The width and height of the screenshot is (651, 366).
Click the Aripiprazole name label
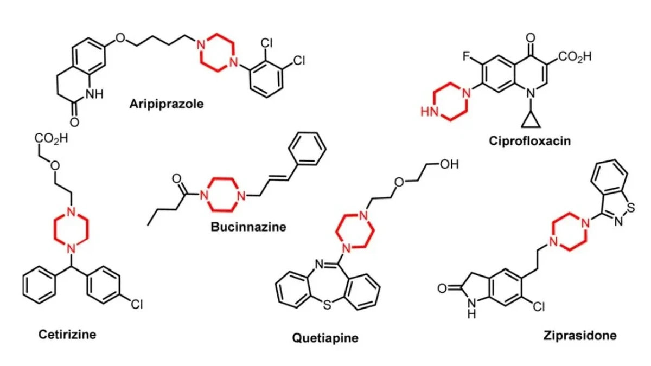[x=167, y=104]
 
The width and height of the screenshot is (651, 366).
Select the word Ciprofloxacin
[x=530, y=141]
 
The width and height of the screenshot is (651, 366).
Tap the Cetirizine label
[x=67, y=335]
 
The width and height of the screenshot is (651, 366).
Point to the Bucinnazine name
[x=248, y=227]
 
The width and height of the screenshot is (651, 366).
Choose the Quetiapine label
[x=325, y=338]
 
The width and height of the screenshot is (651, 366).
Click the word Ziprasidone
[x=580, y=336]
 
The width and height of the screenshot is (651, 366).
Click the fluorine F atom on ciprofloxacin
[x=467, y=56]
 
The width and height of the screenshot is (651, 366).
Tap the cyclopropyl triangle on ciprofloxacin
[x=531, y=120]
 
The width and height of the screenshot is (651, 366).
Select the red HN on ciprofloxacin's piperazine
[x=429, y=112]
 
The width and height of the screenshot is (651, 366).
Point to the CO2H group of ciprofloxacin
[x=575, y=56]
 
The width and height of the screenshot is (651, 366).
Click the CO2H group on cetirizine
[x=52, y=139]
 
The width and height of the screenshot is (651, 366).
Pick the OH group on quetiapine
[x=449, y=164]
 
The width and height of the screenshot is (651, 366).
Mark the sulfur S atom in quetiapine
[x=327, y=305]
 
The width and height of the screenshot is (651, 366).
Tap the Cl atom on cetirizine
[x=137, y=304]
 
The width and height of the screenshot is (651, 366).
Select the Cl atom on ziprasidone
[x=539, y=307]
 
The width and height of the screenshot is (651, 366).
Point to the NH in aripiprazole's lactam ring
[x=94, y=94]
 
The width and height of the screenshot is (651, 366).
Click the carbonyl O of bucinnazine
[x=177, y=178]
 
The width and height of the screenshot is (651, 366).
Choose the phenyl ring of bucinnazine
[x=307, y=149]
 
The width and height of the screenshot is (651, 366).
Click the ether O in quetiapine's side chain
[x=399, y=182]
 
